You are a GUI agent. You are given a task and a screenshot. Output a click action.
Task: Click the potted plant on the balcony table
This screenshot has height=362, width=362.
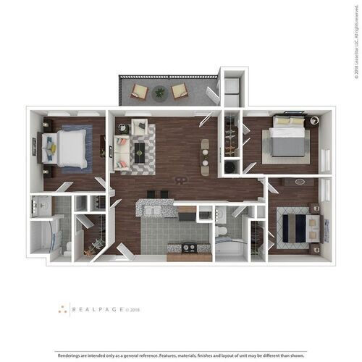159,92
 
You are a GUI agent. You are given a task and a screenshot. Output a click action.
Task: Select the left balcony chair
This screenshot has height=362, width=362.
140,92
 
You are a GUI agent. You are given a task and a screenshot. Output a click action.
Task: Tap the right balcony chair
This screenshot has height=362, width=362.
179,91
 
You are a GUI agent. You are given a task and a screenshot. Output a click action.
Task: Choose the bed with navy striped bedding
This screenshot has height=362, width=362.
294,227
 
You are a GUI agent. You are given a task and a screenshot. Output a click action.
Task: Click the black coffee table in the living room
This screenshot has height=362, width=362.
139,152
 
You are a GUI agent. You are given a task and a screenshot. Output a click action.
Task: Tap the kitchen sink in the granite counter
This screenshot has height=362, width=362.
153,211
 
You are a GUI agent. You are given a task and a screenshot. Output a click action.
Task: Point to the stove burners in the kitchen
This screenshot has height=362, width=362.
187,247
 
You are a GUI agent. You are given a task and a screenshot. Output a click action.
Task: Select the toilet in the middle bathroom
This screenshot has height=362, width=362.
223,231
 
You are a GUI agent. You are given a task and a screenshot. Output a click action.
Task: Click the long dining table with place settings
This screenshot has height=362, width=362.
205,151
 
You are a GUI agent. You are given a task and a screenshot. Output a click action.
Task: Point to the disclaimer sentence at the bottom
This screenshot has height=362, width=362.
181,355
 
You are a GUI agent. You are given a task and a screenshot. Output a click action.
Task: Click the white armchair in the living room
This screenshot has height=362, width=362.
139,127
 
